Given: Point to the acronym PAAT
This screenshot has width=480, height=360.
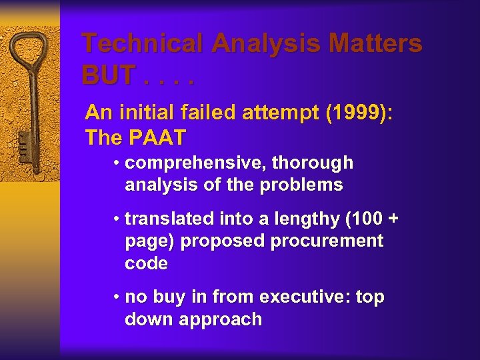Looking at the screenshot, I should [x=158, y=137].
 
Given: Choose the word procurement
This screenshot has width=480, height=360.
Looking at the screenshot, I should [x=327, y=241].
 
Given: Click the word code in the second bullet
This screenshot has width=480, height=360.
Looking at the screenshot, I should [x=146, y=263].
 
